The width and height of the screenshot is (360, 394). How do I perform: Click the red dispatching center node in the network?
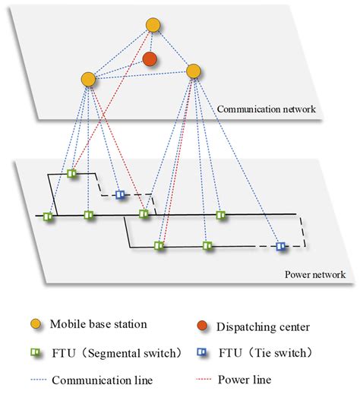(x=150, y=58)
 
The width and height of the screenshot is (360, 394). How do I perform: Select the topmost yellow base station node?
(x=153, y=26)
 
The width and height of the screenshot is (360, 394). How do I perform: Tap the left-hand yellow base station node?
(x=88, y=78)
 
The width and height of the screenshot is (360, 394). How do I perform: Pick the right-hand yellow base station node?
(x=194, y=71)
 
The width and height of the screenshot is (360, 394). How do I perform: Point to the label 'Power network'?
(x=312, y=275)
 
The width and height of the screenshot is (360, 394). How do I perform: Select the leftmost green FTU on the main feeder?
(x=48, y=217)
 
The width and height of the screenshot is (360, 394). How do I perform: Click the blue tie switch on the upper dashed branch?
(x=119, y=195)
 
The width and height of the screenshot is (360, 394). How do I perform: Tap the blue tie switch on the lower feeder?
(x=280, y=246)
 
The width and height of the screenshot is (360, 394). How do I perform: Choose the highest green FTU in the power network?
(x=72, y=174)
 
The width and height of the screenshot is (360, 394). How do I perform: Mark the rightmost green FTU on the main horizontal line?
(x=221, y=216)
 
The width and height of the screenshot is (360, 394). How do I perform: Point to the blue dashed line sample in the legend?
(x=36, y=377)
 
